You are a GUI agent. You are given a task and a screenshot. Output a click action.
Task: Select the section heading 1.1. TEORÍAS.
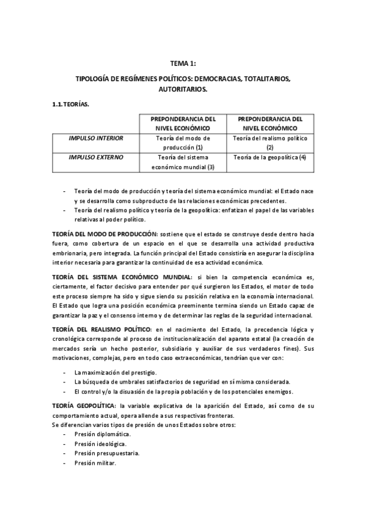tap(71, 104)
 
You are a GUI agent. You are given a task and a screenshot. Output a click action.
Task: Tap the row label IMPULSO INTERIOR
tap(96, 139)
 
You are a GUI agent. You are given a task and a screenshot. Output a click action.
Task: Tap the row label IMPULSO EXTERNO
tap(96, 158)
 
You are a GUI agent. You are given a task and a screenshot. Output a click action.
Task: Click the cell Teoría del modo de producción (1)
tap(183, 143)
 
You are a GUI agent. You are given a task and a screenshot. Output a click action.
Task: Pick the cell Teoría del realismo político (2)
tap(269, 143)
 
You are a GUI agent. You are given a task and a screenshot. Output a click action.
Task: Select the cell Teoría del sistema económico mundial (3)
tap(183, 162)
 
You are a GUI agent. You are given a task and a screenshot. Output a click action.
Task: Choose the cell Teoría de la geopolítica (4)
tap(269, 158)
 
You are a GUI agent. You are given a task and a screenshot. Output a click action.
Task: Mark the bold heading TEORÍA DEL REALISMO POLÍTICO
tap(101, 330)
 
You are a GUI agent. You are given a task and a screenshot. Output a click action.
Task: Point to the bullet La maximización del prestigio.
tap(115, 372)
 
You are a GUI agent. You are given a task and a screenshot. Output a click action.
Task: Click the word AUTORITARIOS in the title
tap(182, 89)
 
